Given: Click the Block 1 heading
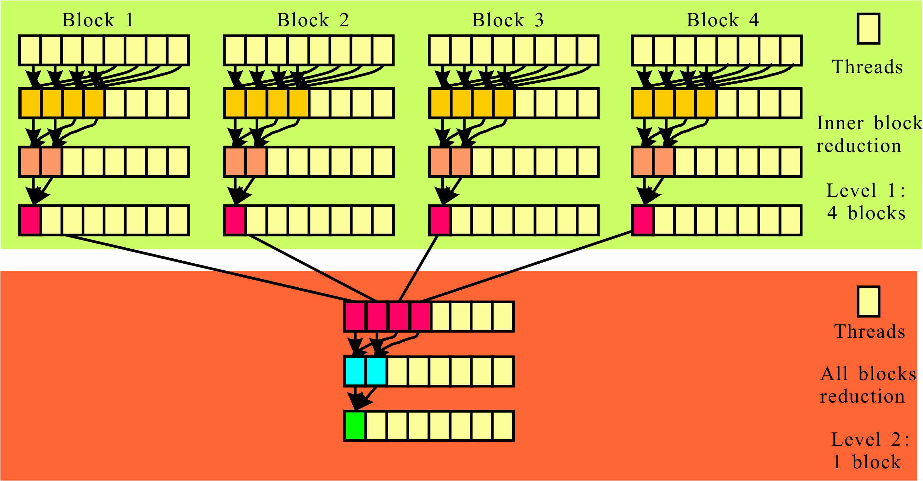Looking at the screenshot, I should [x=98, y=20].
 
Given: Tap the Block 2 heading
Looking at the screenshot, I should [x=312, y=20].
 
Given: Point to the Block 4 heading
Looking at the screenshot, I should [x=722, y=20].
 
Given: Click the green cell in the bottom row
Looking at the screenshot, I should [x=355, y=425].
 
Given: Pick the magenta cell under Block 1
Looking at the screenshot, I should [x=30, y=220].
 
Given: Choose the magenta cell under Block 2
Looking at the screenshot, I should [x=235, y=220].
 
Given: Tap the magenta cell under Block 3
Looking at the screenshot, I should [x=440, y=220].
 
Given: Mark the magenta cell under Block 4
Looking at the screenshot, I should [x=643, y=220].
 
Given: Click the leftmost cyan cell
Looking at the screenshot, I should [x=355, y=371].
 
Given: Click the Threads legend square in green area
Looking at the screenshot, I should [x=868, y=29].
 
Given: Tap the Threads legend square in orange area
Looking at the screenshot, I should [x=868, y=301].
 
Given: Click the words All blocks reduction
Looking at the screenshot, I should [x=867, y=385].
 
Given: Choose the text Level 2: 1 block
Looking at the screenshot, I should [x=869, y=450].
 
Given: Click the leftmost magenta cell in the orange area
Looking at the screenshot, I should [x=355, y=316].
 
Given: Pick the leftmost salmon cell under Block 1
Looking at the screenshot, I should [x=30, y=161].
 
